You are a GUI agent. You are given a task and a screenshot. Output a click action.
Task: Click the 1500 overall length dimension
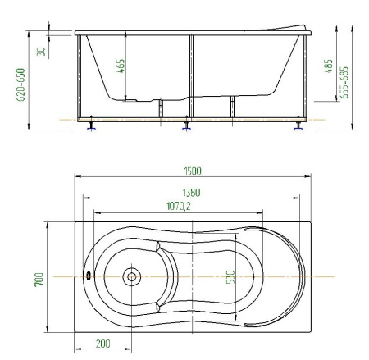[193, 171]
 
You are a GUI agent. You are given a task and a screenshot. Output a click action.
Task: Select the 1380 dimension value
[191, 193]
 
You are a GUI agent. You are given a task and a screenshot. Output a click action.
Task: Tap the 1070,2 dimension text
[179, 206]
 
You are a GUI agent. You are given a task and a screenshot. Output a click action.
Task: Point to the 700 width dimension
[39, 279]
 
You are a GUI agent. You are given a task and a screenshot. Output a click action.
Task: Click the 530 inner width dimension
[230, 277]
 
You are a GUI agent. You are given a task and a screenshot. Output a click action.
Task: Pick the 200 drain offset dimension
[103, 344]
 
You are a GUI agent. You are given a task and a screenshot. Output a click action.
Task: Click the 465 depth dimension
[121, 66]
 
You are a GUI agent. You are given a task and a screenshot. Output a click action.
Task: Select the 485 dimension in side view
[328, 66]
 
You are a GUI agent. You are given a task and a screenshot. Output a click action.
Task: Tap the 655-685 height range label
[344, 82]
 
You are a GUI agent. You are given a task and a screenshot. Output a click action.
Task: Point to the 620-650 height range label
[20, 84]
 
